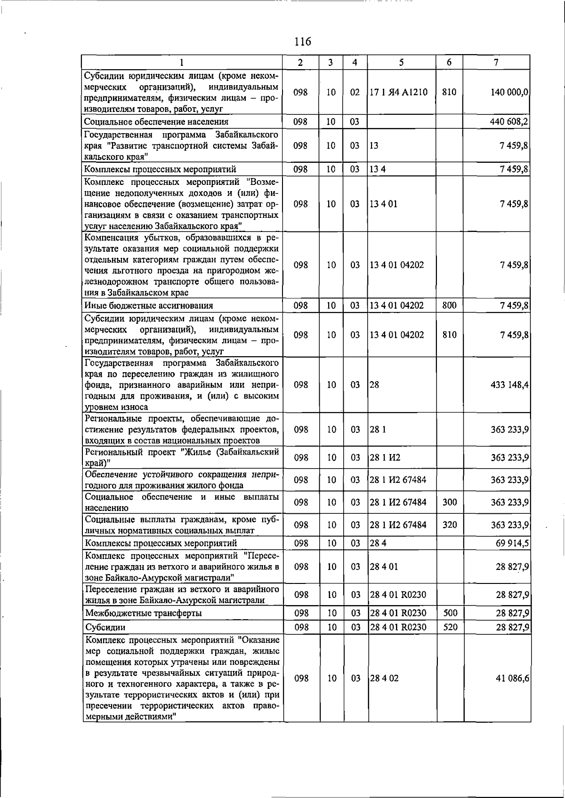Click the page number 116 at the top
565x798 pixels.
(x=302, y=41)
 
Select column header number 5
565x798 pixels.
(x=401, y=62)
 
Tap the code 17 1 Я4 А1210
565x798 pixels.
(x=398, y=92)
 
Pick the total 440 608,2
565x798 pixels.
(x=509, y=121)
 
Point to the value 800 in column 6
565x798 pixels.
(x=449, y=305)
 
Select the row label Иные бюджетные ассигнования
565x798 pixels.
(x=149, y=306)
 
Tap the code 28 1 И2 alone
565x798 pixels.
(x=385, y=457)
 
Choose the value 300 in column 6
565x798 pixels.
(x=450, y=502)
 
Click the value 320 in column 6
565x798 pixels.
(x=450, y=525)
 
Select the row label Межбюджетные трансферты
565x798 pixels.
(x=144, y=613)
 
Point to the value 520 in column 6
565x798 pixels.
(x=450, y=627)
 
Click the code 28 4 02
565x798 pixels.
(x=384, y=678)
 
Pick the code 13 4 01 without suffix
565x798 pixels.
(x=383, y=204)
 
